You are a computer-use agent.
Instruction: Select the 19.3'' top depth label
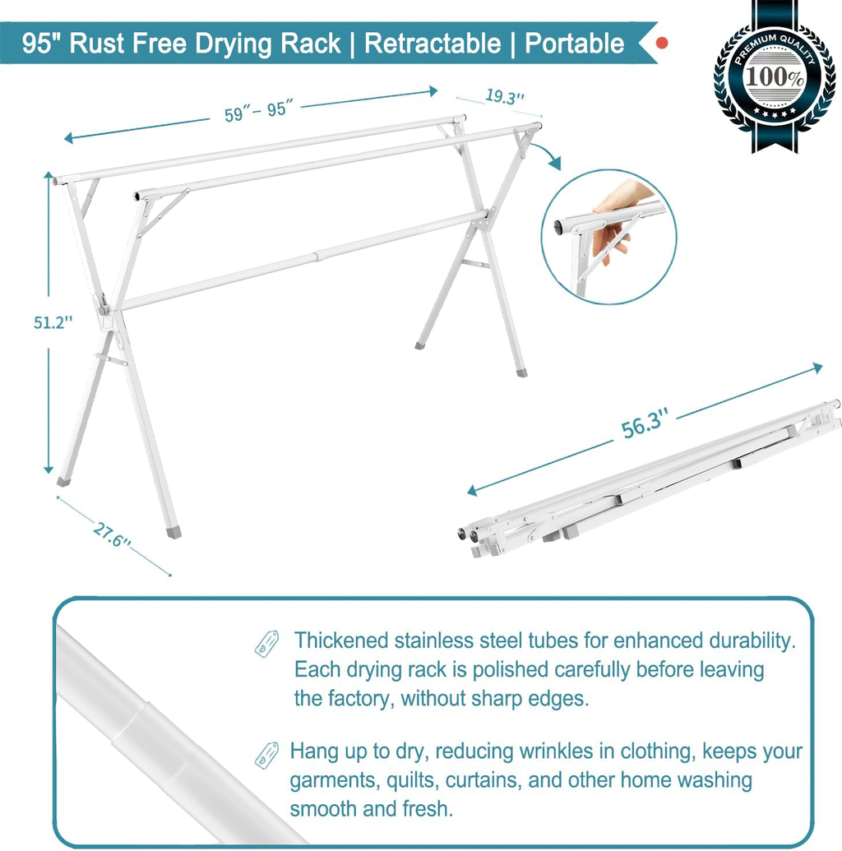click(504, 97)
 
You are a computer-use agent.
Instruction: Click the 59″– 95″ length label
click(259, 109)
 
